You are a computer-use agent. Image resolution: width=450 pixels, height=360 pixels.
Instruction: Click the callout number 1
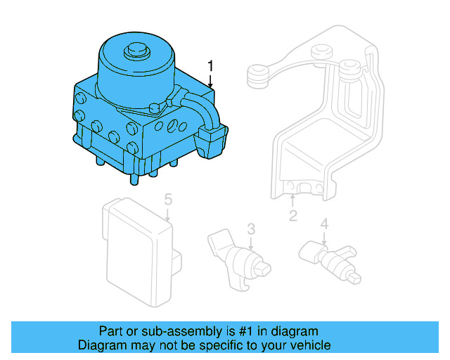click(210, 66)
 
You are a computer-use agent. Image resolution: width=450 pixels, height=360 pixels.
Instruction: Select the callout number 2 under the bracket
click(293, 216)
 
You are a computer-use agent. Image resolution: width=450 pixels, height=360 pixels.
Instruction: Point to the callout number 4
click(324, 224)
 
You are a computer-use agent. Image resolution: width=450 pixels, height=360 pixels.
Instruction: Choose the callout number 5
click(168, 200)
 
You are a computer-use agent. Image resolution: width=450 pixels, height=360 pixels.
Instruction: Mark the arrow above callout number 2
click(293, 202)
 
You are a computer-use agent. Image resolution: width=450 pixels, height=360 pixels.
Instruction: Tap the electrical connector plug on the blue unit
click(213, 140)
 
